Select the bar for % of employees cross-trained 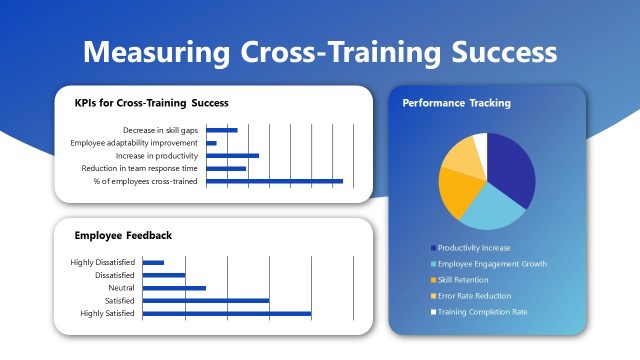tap(274, 181)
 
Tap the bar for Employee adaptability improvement tap(211, 143)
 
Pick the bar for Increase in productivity tap(232, 156)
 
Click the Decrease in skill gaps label tap(160, 130)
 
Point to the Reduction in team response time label tap(139, 168)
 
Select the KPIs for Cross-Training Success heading tap(151, 103)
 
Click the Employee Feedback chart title tap(123, 236)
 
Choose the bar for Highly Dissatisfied tap(153, 262)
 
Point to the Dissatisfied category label tap(114, 275)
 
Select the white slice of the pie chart tap(480, 147)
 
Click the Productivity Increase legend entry tap(475, 247)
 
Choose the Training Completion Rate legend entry tap(483, 311)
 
